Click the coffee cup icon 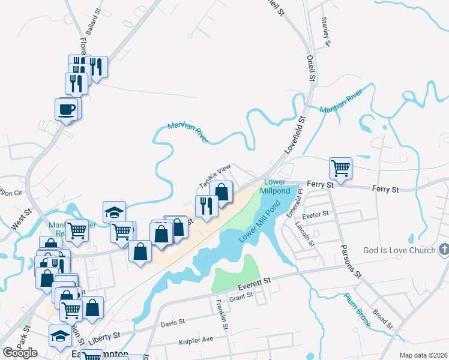tap(67, 109)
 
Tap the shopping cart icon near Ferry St tap(340, 167)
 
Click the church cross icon tap(444, 249)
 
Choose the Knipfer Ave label tap(196, 340)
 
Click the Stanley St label tap(326, 31)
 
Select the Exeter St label tap(316, 214)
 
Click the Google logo tap(20, 353)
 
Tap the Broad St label tap(382, 319)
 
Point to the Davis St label tap(173, 323)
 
